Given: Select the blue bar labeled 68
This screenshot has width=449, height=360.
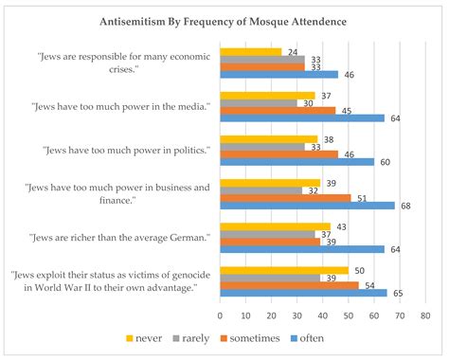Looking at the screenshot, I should click(307, 205).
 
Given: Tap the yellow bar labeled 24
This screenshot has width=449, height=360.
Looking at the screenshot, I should click(250, 51).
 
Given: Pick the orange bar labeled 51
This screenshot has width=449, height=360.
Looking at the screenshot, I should click(285, 197).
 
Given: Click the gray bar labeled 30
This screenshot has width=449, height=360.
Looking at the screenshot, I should click(258, 103).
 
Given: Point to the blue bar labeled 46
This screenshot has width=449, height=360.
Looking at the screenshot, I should click(278, 74).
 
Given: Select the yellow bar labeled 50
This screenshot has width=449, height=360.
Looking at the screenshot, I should click(283, 271).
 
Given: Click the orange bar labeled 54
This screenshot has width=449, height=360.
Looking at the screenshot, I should click(289, 285).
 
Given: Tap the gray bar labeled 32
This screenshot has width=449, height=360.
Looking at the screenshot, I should click(260, 189).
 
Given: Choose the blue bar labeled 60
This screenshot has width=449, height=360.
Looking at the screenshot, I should click(296, 161).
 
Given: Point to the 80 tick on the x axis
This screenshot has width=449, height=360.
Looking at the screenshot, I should click(425, 315).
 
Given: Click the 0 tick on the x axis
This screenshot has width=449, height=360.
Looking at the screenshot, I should click(220, 315).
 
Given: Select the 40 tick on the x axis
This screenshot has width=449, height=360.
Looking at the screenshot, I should click(322, 315).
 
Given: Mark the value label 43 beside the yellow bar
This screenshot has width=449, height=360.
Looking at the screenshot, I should click(340, 225).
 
